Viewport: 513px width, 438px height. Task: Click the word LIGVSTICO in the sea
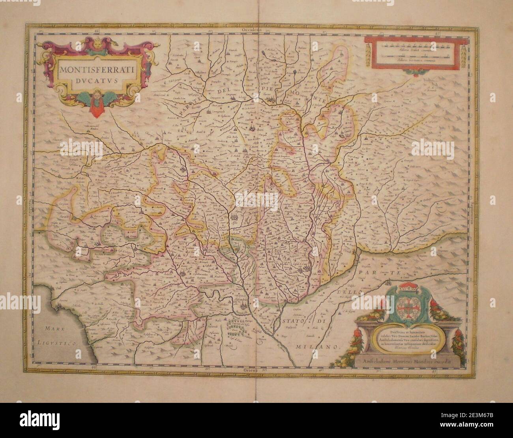tap(59, 344)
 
